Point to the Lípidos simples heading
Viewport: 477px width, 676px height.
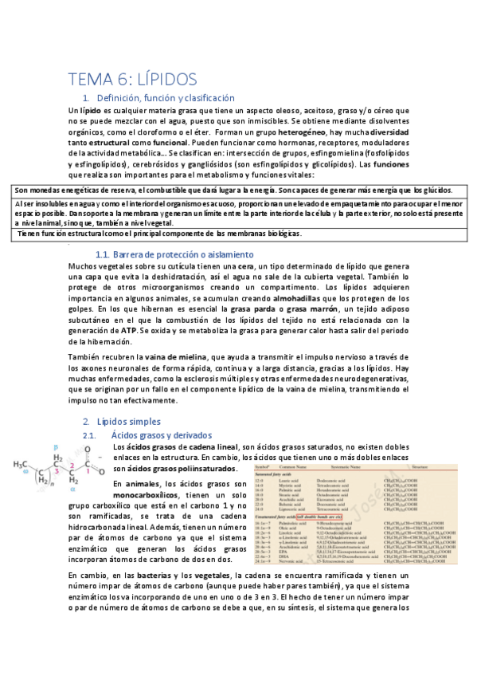[128, 421]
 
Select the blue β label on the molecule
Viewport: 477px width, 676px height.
[55, 448]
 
